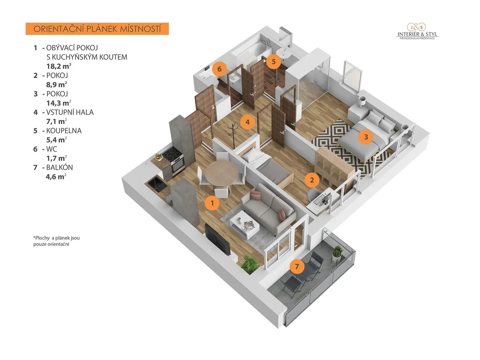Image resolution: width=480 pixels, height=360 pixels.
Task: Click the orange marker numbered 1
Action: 212,203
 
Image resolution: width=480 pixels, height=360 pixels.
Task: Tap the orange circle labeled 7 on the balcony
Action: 297,266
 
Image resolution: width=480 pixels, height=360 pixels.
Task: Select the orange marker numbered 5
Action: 274,61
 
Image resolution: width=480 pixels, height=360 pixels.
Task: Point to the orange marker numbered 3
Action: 366,137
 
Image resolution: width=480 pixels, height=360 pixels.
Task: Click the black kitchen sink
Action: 157,185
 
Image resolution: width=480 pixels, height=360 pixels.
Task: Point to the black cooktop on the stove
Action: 172,153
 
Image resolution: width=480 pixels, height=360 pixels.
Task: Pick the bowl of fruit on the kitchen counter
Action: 158,156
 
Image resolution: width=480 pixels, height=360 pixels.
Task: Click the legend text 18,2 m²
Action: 59,66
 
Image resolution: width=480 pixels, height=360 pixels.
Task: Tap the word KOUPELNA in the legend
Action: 64,130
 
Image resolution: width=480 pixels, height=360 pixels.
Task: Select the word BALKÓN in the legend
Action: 60,167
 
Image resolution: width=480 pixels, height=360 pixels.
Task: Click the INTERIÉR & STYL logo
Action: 417,32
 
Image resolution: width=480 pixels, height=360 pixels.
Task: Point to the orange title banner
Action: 97,29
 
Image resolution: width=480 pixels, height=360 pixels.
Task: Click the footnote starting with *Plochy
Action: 56,241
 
